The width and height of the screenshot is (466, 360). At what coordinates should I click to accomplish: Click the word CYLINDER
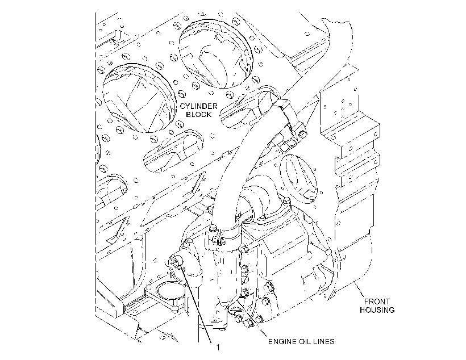(x=199, y=106)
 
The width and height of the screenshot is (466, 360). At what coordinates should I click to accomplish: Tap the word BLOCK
(x=199, y=114)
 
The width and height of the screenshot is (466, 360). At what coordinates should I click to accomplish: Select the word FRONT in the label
(x=377, y=302)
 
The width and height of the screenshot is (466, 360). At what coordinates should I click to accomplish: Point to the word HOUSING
(x=377, y=310)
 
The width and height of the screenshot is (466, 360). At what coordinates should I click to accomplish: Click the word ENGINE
(x=282, y=342)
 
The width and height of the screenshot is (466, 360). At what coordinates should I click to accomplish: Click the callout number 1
(x=218, y=348)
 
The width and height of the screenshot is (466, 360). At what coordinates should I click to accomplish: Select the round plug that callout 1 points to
(x=177, y=261)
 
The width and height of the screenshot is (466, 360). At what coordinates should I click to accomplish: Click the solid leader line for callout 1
(x=195, y=303)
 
